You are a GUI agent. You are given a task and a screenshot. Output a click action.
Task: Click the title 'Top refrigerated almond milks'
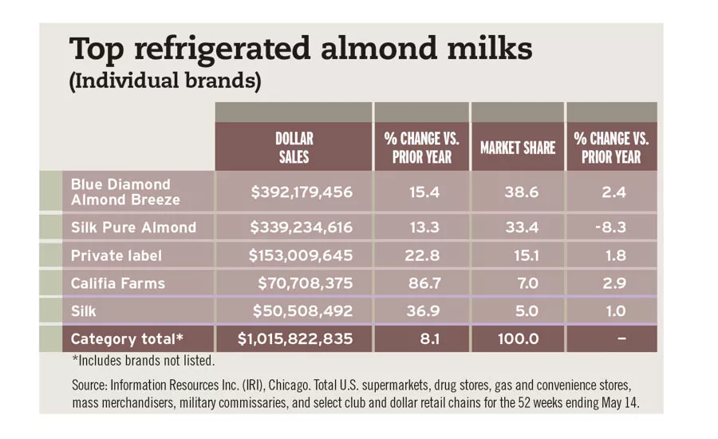[x=301, y=49]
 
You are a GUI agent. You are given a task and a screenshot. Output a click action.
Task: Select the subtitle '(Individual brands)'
[x=165, y=82]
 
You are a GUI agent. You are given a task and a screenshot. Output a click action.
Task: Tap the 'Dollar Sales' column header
[x=294, y=148]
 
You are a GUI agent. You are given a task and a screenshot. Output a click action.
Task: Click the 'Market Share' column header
[x=517, y=148]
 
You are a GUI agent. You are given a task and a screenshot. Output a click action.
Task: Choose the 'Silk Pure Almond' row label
[x=133, y=227]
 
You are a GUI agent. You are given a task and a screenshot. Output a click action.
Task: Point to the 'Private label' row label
[x=116, y=256]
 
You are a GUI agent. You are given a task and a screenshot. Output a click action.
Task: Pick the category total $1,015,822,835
[x=295, y=338]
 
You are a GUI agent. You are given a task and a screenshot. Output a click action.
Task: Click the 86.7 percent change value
[x=422, y=283]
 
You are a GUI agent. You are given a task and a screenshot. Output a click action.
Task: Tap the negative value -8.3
[x=611, y=227]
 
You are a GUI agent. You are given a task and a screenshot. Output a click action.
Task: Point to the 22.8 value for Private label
[x=422, y=256]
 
